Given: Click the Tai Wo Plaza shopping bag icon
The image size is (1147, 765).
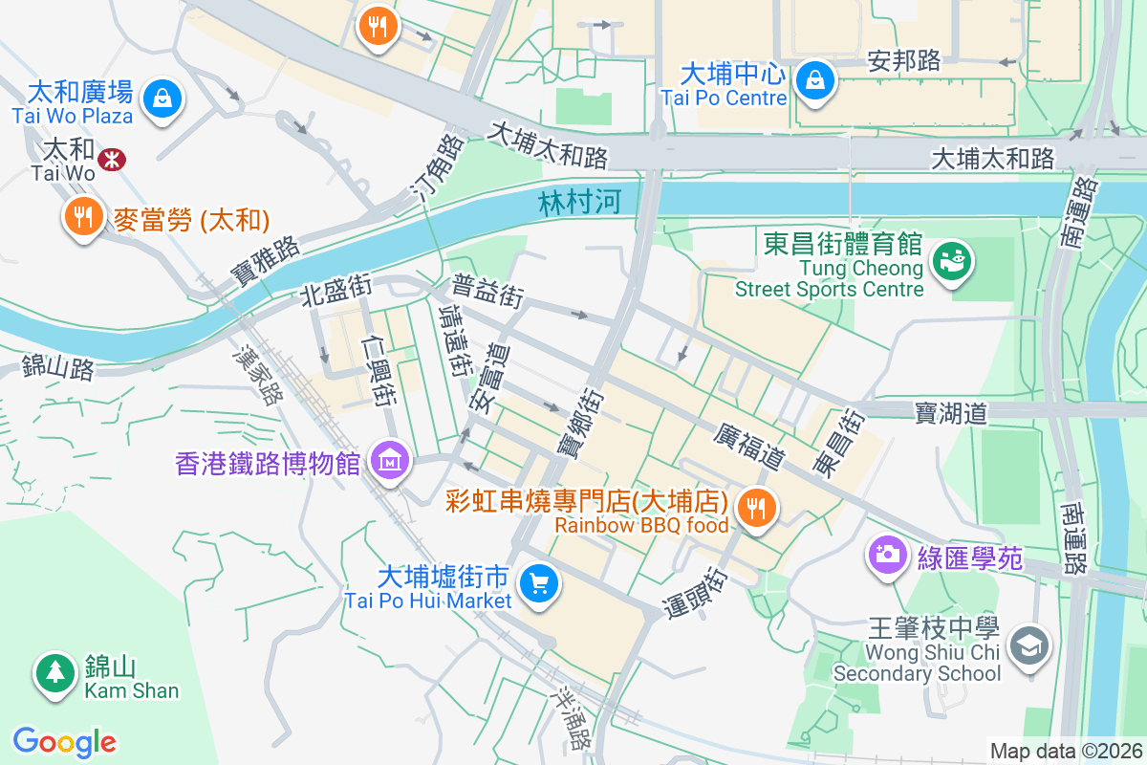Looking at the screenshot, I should (162, 98).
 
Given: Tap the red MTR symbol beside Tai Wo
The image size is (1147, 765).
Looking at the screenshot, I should (113, 159).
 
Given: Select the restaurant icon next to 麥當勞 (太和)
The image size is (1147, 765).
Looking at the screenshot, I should (84, 216).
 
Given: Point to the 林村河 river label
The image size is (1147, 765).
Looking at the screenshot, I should (579, 202).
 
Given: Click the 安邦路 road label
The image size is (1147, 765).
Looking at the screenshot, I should (904, 60).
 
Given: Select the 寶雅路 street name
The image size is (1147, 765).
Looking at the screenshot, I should (265, 259).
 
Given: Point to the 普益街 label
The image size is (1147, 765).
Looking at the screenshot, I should (487, 291).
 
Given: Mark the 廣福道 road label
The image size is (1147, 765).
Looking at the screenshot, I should (748, 447).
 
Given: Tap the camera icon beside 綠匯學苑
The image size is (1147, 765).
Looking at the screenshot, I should (887, 554).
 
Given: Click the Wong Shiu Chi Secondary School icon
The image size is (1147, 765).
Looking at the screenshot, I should (1030, 646).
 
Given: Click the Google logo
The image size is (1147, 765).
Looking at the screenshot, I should (64, 741).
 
